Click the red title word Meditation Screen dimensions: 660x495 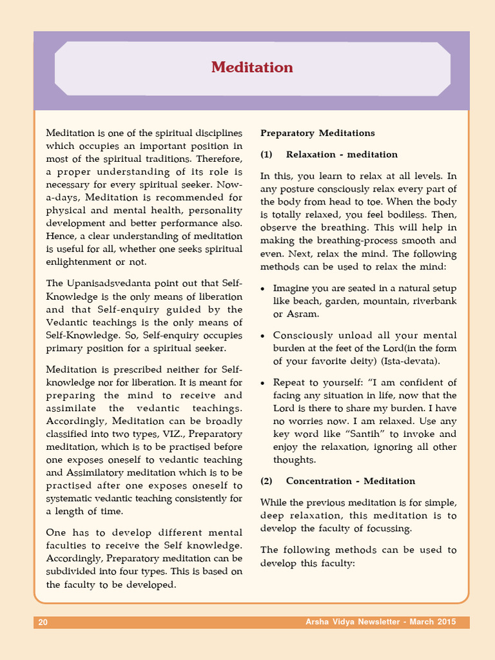[252, 68]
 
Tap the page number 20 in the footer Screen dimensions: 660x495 [43, 622]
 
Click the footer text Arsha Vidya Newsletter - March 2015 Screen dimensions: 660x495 [380, 622]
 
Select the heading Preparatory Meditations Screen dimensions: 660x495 [317, 133]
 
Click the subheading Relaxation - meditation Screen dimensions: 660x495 [342, 155]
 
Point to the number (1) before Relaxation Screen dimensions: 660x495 [267, 155]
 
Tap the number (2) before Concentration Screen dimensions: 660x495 [267, 481]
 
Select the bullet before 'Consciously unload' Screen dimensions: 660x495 [263, 336]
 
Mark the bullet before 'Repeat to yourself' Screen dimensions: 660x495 [263, 383]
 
